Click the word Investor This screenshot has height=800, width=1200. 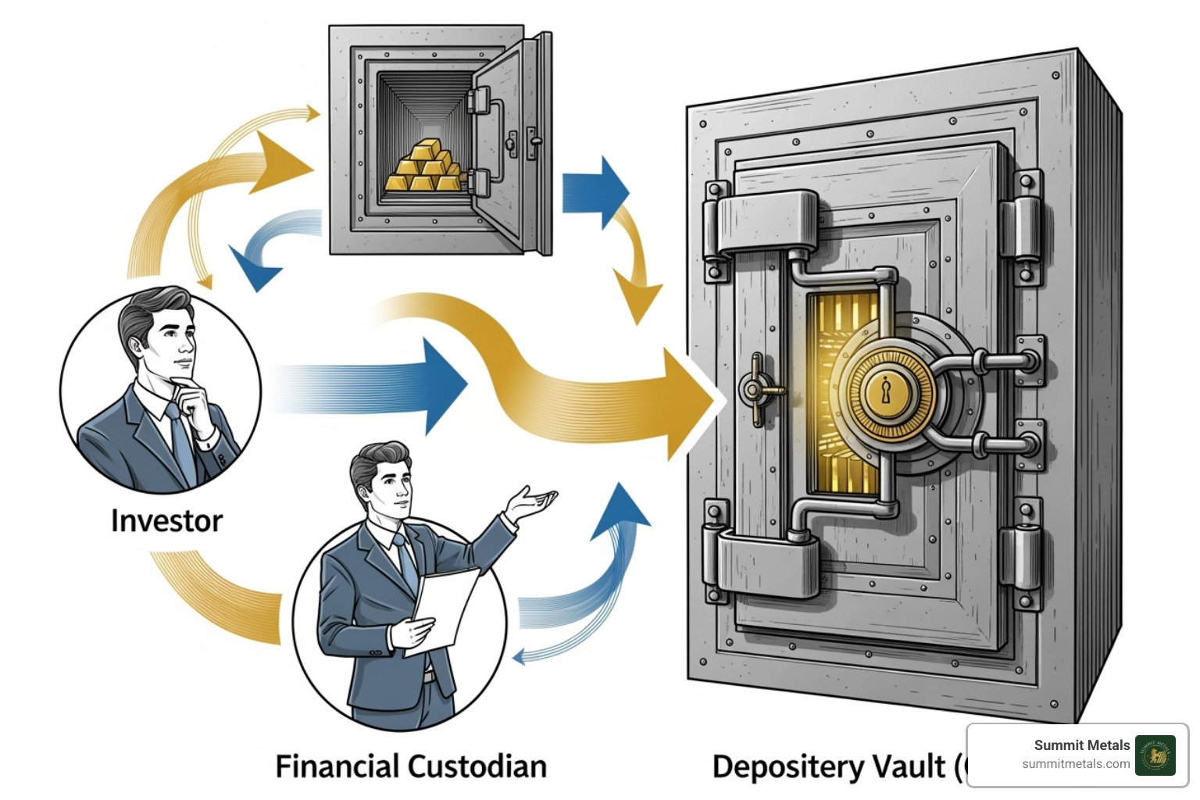pos(166,521)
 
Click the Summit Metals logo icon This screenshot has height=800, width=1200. pos(1155,755)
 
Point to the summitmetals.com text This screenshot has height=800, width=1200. pos(1076,764)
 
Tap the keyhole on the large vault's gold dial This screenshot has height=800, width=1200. pos(886,390)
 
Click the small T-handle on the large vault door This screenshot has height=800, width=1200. pos(755,388)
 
